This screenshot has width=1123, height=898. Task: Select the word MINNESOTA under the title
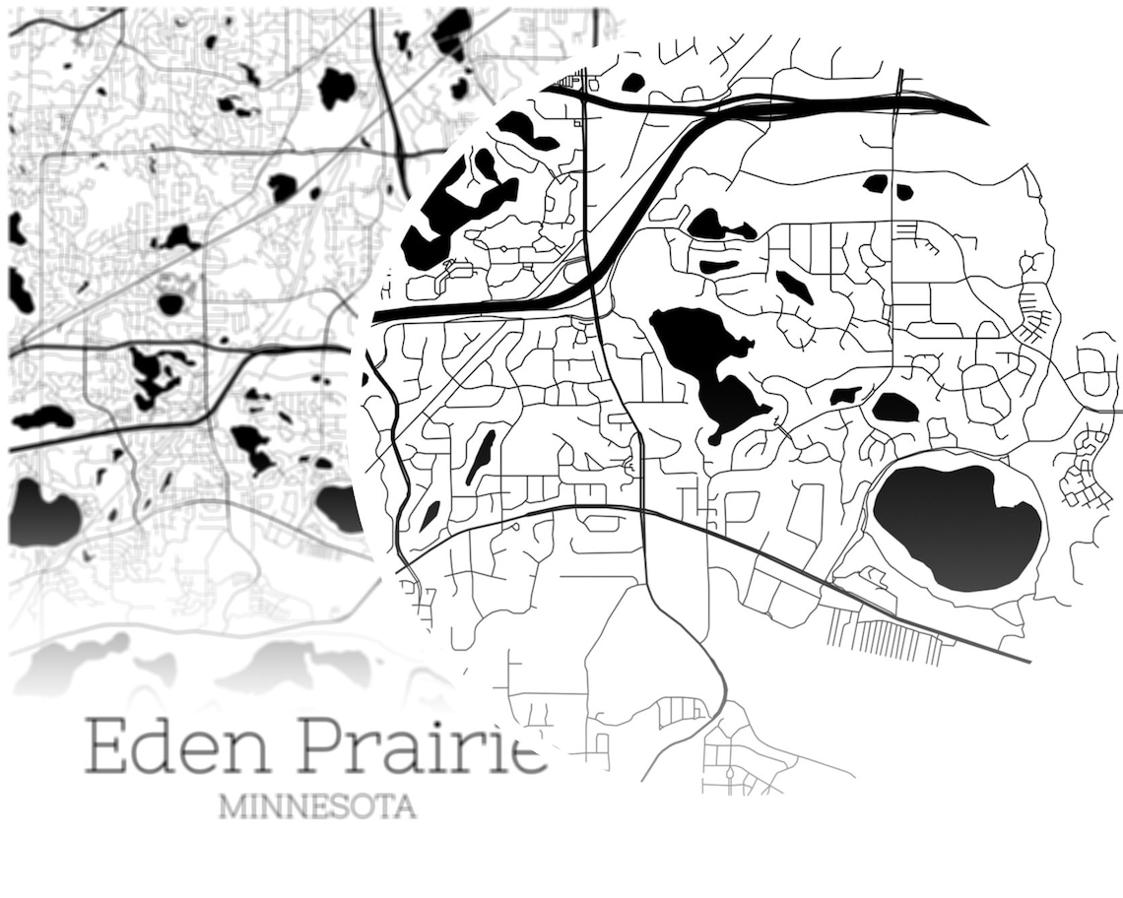[316, 807]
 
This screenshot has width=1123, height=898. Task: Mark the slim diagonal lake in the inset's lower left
[481, 456]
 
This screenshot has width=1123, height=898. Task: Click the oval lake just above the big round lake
[894, 407]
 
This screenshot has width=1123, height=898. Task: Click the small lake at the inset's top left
[632, 83]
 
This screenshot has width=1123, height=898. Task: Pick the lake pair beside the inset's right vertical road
[887, 184]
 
